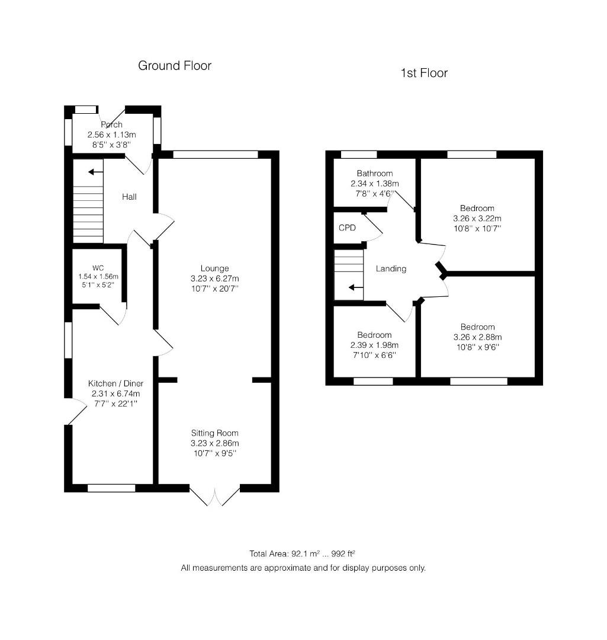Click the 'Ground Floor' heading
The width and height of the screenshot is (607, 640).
(175, 66)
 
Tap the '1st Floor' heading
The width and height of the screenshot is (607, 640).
(424, 73)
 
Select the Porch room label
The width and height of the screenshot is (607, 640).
(112, 125)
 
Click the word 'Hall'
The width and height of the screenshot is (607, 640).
(129, 197)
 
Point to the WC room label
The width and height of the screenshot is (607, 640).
(98, 268)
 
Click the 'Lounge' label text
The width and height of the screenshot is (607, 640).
(214, 268)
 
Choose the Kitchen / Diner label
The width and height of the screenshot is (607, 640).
(115, 383)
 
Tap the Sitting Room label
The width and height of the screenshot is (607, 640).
(214, 433)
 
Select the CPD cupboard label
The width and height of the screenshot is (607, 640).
(347, 228)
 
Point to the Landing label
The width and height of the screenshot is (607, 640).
(391, 268)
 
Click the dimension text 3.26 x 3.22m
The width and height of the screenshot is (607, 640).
(477, 218)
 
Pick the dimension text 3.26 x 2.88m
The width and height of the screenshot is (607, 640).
(477, 337)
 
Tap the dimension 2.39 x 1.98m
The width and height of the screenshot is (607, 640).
(374, 345)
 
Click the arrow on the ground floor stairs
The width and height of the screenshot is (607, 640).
(93, 172)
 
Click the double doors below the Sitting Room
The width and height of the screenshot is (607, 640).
(215, 495)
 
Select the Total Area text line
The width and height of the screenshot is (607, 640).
(303, 554)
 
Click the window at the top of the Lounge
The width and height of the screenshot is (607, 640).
(216, 155)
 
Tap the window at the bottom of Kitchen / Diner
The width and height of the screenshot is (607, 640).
(111, 488)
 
